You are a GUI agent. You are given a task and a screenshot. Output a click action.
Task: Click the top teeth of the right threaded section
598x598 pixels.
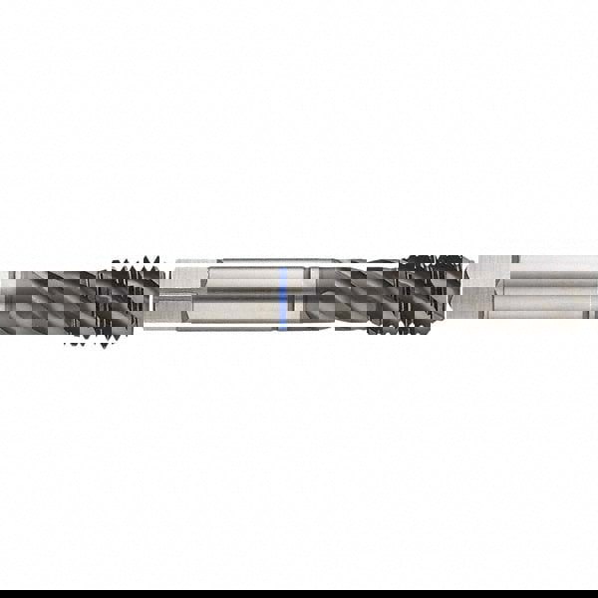[x=434, y=262]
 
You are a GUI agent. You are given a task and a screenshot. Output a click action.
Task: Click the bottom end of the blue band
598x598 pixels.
[x=284, y=325]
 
